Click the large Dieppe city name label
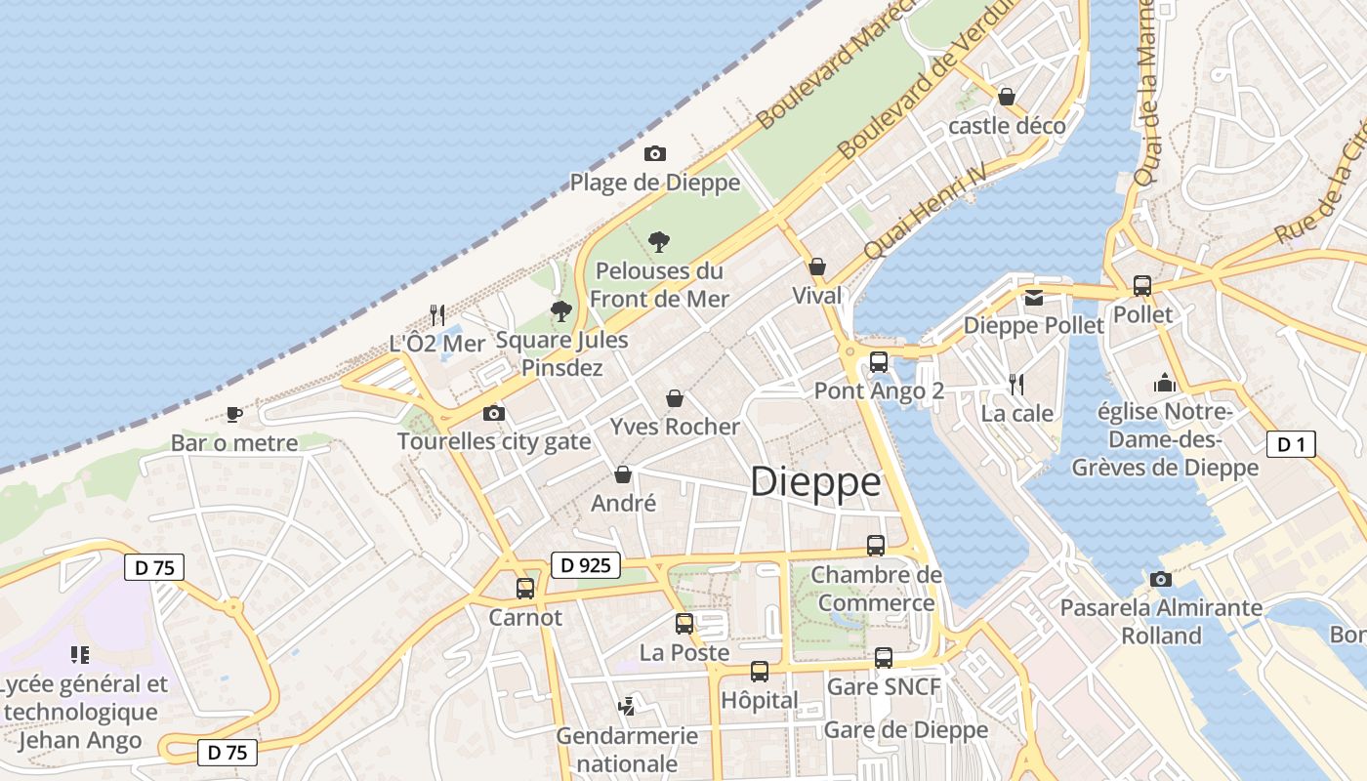[x=815, y=482]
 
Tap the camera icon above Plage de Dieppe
[x=655, y=153]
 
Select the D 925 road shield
[x=586, y=564]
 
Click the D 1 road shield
[x=1291, y=444]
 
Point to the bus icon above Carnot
[x=525, y=588]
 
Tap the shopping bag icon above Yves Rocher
[x=674, y=398]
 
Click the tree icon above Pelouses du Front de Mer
[x=659, y=241]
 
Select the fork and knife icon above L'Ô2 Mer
[x=437, y=314]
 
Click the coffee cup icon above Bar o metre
[x=234, y=414]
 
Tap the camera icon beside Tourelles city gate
[x=494, y=413]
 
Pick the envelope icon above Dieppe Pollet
[x=1033, y=297]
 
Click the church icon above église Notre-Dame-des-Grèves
[x=1164, y=382]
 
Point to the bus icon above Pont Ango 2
[x=879, y=362]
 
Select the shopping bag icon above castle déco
[x=1007, y=97]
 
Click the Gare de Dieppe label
[x=906, y=729]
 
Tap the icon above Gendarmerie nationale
[x=627, y=705]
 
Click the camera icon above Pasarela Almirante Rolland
[x=1161, y=579]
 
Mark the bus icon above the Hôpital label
[x=760, y=671]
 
